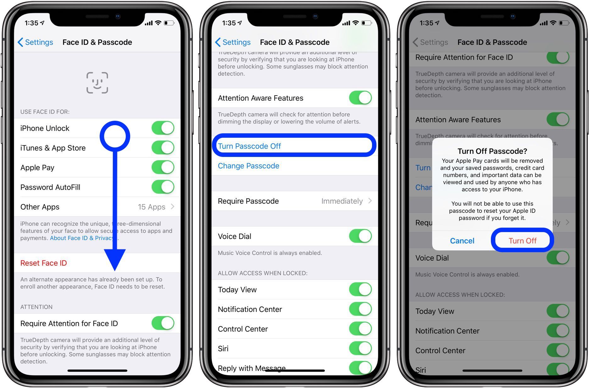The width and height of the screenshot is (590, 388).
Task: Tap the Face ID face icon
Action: pos(97,83)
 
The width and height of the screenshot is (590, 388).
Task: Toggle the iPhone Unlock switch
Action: pos(163,128)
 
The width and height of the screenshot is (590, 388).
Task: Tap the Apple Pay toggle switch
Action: pos(163,167)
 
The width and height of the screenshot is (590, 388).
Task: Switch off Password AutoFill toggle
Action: pos(163,187)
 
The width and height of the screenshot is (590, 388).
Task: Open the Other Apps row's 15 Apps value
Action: pos(152,207)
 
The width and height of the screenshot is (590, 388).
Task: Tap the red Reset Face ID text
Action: pos(44,263)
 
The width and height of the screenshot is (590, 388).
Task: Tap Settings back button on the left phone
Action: pos(35,42)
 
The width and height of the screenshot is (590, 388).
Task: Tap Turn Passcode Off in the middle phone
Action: pos(249,146)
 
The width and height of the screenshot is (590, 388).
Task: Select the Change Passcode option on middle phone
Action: pos(248,166)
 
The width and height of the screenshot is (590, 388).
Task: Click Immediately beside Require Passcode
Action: pos(342,201)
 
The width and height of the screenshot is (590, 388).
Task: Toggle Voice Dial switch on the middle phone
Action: pos(360,236)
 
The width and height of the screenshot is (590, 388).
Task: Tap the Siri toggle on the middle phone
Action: pos(360,348)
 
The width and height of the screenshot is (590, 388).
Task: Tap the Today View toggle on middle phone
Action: pos(360,289)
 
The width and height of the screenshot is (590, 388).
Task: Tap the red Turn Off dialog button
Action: pos(522,241)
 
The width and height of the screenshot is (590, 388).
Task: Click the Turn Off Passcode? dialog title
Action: pos(492,151)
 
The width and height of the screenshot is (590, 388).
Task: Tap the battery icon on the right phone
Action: pos(564,23)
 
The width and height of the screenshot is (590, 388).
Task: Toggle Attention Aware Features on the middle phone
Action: pos(360,98)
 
